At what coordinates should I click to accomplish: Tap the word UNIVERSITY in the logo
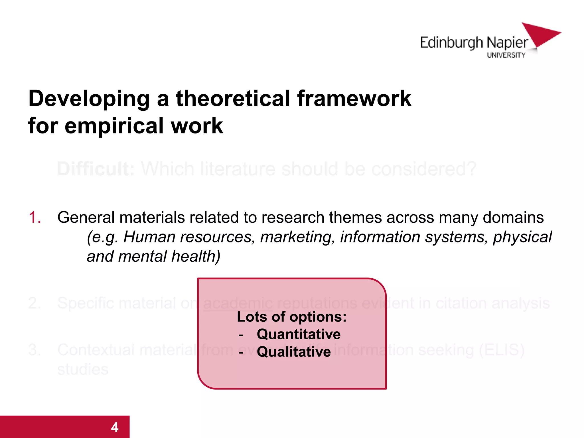coord(506,55)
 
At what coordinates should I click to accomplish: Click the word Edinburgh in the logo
coord(451,43)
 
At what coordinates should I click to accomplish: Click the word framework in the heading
coord(354,98)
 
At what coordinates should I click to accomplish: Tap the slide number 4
coord(115,427)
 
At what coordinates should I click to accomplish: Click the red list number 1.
coord(35,217)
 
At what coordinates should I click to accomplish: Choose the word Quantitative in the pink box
coord(298,334)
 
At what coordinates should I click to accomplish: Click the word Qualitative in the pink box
coord(294,352)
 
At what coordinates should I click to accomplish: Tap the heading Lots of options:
coord(291,317)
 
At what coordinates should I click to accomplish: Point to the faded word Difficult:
coord(96,169)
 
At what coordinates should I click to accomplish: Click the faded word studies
coord(83,369)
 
